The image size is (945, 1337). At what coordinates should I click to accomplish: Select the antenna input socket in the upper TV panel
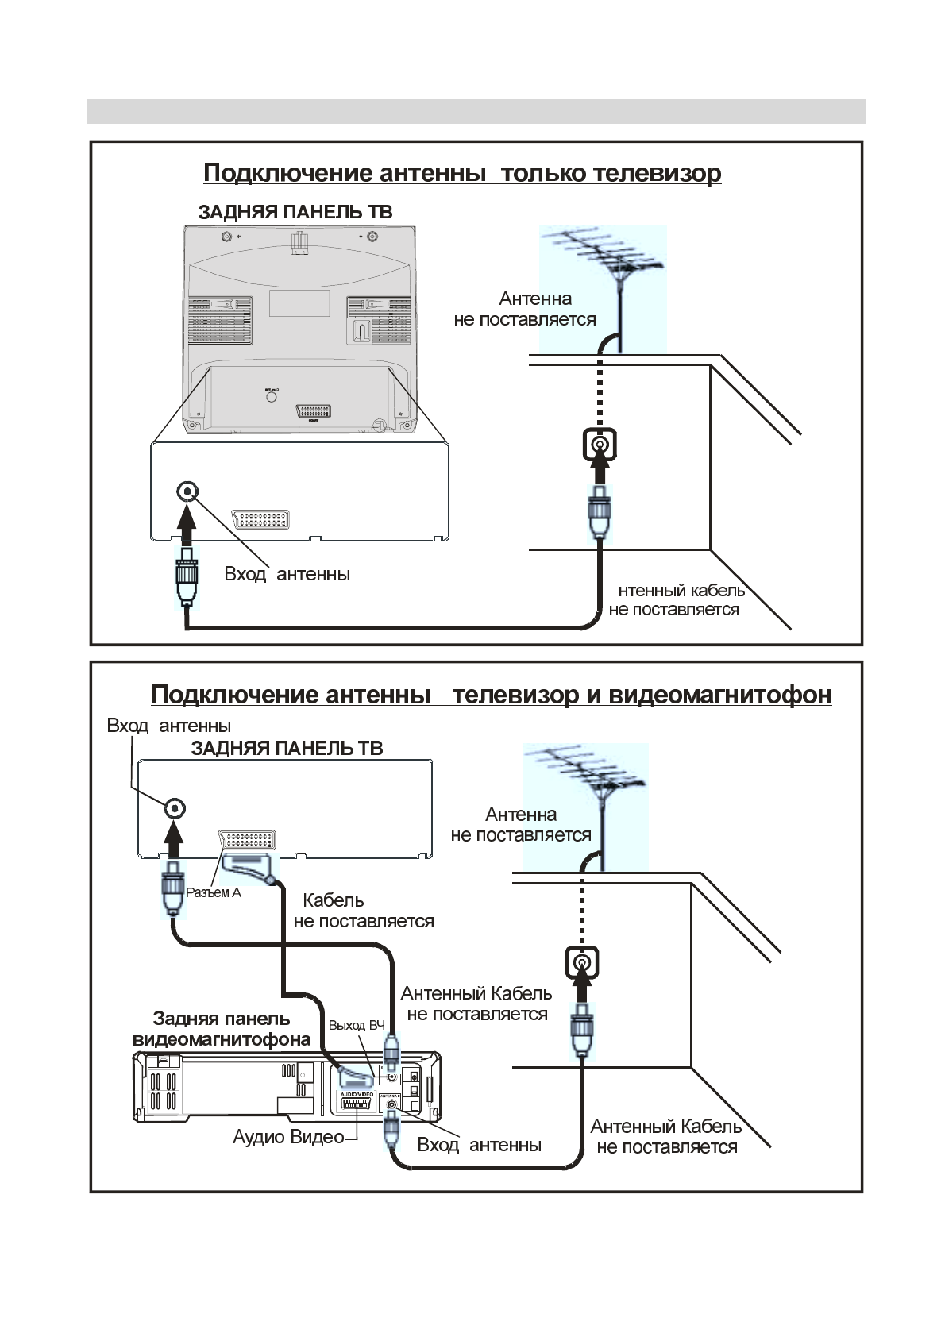pos(187,491)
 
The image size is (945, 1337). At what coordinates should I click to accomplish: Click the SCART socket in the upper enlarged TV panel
pos(260,519)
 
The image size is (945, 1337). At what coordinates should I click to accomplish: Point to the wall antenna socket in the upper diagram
pos(600,444)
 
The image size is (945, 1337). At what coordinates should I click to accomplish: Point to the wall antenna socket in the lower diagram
pos(582,963)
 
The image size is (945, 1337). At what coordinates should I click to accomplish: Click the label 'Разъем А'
pos(213,892)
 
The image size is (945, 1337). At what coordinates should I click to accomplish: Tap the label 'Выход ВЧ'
pos(357,1025)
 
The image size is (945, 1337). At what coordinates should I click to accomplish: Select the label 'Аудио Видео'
pos(288,1137)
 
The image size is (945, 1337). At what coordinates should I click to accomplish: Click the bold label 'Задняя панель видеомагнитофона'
pos(221,1029)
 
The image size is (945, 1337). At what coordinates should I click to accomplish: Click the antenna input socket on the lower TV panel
pos(175,809)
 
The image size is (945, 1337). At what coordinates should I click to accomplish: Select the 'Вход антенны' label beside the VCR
pos(479,1145)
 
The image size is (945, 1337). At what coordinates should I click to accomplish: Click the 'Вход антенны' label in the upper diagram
pos(287,574)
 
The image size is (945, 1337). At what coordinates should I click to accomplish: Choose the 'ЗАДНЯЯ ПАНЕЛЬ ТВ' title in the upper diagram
pos(295,212)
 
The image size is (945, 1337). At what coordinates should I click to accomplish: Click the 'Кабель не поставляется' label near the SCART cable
pos(363,911)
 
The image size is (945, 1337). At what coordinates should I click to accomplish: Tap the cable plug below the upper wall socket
pos(600,512)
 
